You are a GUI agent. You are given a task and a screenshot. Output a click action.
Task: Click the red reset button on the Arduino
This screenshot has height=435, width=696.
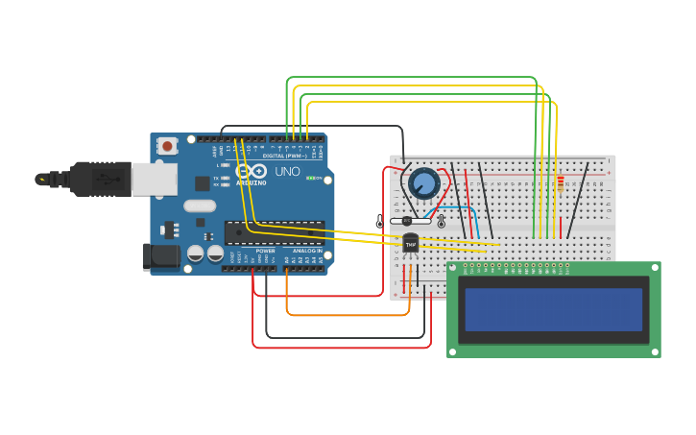pyautogui.click(x=168, y=146)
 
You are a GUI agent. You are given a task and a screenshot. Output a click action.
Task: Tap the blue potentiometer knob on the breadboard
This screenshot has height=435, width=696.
pyautogui.click(x=423, y=181)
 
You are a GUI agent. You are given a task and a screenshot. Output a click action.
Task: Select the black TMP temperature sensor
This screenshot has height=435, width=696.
pyautogui.click(x=411, y=245)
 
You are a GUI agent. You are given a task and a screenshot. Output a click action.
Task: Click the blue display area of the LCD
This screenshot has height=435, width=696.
pyautogui.click(x=553, y=309)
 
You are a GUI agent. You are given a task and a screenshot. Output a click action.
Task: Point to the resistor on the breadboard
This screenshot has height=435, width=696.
pyautogui.click(x=561, y=181)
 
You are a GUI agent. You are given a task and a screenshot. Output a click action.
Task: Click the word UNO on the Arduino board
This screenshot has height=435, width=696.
pyautogui.click(x=287, y=172)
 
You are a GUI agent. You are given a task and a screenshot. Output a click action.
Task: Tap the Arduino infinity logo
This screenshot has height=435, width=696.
pyautogui.click(x=258, y=171)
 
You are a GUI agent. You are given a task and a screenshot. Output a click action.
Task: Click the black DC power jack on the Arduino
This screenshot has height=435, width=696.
pyautogui.click(x=160, y=256)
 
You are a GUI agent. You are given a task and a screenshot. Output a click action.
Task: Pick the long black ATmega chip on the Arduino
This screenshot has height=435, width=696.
pyautogui.click(x=274, y=232)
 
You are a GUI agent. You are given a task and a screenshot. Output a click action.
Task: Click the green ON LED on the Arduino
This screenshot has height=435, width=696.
pyautogui.click(x=309, y=178)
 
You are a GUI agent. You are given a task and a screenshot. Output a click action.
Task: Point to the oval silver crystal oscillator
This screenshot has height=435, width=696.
pyautogui.click(x=200, y=205)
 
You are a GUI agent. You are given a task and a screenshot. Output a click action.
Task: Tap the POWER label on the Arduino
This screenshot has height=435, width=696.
pyautogui.click(x=265, y=251)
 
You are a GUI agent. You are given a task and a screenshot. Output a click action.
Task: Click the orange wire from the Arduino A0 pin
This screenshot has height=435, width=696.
pyautogui.click(x=346, y=314)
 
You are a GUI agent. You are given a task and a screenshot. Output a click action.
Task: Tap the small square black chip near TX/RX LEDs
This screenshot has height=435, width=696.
pyautogui.click(x=203, y=182)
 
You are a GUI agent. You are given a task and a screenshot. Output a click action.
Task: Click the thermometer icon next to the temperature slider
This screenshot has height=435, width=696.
pyautogui.click(x=441, y=222)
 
